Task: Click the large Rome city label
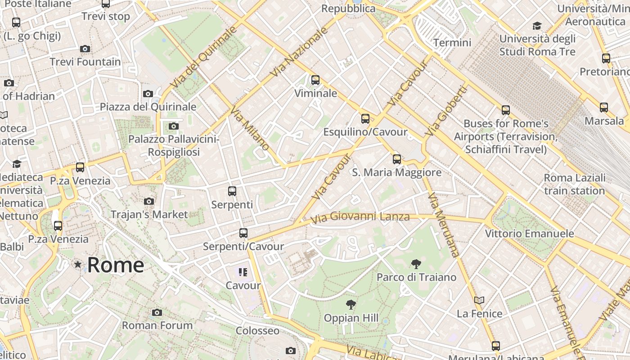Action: [116, 265]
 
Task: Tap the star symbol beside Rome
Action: [78, 265]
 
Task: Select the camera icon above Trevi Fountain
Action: [85, 49]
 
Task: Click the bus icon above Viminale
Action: [315, 80]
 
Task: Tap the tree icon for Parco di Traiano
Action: [416, 264]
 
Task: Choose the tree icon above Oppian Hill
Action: [351, 305]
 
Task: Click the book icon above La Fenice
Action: [479, 300]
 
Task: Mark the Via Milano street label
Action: [250, 128]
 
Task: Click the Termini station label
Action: [452, 43]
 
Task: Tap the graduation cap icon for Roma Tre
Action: [537, 26]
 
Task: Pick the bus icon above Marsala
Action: [604, 107]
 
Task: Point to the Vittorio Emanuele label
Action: [529, 234]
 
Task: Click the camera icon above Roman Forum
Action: [157, 312]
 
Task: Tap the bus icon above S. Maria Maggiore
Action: [396, 159]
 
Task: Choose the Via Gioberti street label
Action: [446, 111]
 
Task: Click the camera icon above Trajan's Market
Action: [149, 201]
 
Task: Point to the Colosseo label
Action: [258, 331]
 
